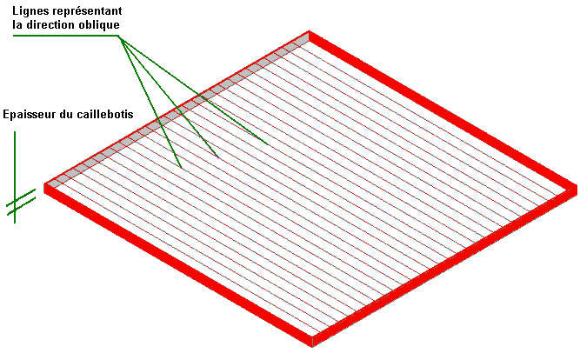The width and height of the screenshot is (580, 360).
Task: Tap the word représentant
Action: pyautogui.click(x=88, y=10)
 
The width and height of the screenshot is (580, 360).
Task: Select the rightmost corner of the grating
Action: pyautogui.click(x=576, y=186)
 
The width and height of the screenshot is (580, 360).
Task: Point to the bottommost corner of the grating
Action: pyautogui.click(x=314, y=344)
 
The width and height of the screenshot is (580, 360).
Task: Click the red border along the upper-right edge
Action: pyautogui.click(x=443, y=108)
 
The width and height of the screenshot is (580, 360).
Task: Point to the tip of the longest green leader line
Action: pyautogui.click(x=266, y=142)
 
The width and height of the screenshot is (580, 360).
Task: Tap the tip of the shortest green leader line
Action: pyautogui.click(x=180, y=167)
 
